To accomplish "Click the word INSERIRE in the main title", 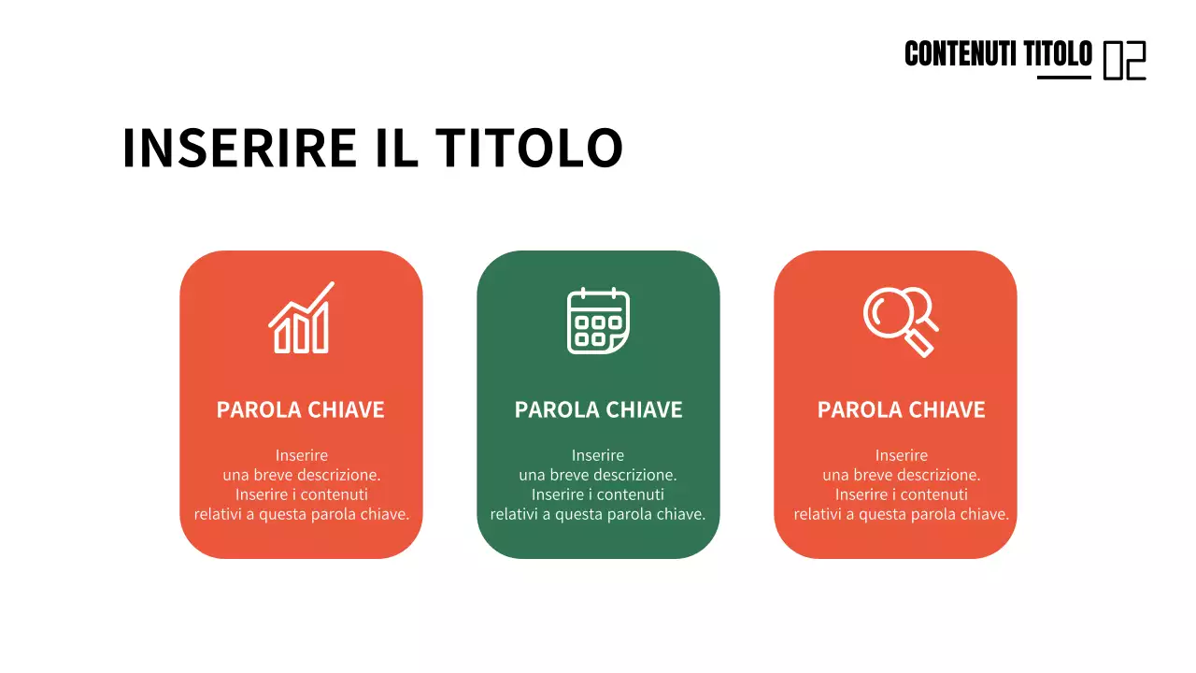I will point(239,148).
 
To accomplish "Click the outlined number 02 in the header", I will point(1124,60).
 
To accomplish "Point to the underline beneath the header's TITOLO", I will point(1063,77).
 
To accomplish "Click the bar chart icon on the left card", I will point(301,319).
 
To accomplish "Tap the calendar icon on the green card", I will point(598,321).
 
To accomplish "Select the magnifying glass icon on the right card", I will point(900,321).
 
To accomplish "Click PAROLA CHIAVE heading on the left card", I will point(300,409).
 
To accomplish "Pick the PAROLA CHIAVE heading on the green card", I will point(598,409).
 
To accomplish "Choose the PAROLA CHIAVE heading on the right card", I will point(901,409).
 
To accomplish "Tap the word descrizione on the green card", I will point(634,475).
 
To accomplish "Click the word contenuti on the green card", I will point(631,494).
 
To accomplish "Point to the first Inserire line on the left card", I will point(301,455).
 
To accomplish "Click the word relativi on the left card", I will point(219,514).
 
